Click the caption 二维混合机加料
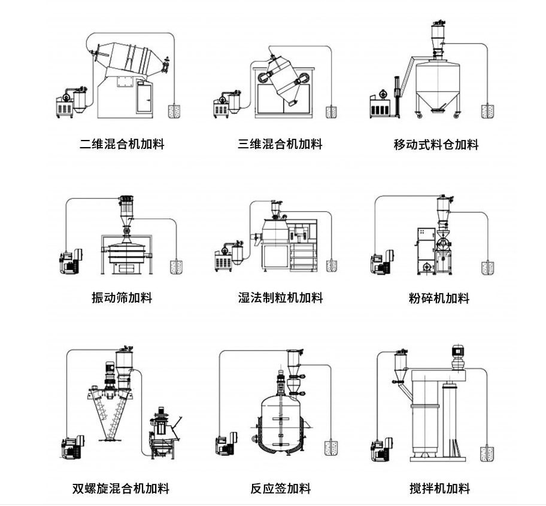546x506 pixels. [x=122, y=144]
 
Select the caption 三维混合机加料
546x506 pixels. [x=280, y=144]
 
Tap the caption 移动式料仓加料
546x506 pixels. [x=436, y=145]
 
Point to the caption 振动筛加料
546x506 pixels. [x=122, y=297]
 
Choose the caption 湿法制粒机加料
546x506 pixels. [x=280, y=297]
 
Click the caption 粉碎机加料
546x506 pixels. [x=438, y=298]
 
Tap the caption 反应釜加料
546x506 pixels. [x=280, y=489]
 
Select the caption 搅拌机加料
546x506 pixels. [x=439, y=489]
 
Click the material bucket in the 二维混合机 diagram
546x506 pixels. [x=175, y=110]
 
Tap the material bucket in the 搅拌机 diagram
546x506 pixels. [x=488, y=453]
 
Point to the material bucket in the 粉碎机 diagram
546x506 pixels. [x=488, y=266]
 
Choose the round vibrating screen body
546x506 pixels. [x=126, y=252]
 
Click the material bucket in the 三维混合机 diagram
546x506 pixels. [x=331, y=111]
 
